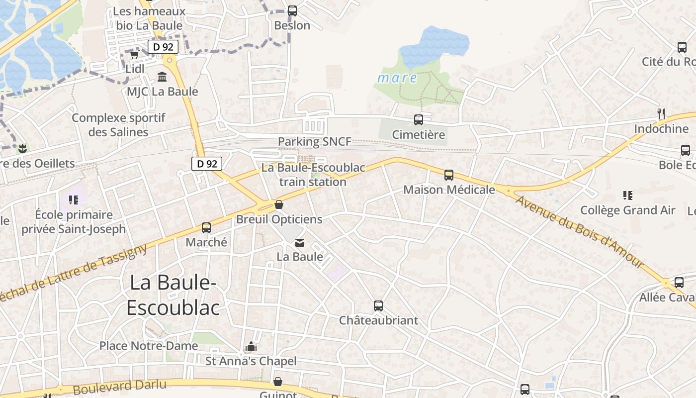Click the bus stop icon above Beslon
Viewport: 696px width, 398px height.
tap(292, 10)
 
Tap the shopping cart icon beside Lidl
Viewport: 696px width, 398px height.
tap(134, 54)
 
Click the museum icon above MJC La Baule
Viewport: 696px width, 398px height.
tap(162, 77)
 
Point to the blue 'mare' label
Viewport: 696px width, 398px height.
tap(397, 78)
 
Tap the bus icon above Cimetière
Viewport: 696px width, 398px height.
tap(419, 120)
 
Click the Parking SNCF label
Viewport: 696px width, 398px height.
tap(314, 141)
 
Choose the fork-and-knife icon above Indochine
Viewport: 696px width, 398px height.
tap(661, 114)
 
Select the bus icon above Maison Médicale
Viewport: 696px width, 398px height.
tap(449, 175)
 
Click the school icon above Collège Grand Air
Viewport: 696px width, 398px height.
tap(627, 196)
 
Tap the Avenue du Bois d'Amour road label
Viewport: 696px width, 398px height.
tap(580, 232)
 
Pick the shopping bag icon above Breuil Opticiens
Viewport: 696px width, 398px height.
tap(279, 205)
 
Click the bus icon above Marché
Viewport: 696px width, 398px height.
tap(206, 228)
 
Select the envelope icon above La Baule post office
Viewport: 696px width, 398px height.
tap(300, 243)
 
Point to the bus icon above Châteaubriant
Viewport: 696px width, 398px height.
tap(378, 306)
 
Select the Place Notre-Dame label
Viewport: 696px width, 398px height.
tap(149, 345)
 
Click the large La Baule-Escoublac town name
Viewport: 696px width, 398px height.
tap(173, 295)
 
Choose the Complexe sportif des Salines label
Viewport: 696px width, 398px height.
tap(118, 125)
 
